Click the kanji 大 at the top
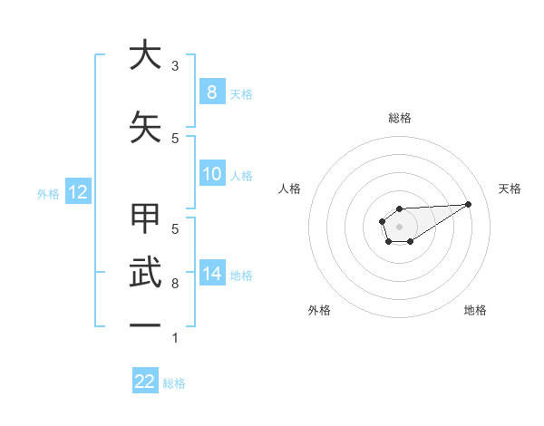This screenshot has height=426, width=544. [x=145, y=55]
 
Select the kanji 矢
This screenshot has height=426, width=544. [x=145, y=128]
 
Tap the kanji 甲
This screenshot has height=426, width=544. [x=145, y=218]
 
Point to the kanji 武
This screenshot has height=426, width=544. [x=145, y=273]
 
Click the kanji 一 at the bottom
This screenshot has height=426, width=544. [x=145, y=324]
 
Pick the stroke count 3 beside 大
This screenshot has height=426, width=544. [x=175, y=66]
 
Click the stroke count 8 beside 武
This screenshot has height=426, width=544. [x=175, y=284]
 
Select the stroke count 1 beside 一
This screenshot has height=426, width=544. [x=175, y=338]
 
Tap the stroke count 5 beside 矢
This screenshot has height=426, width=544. [x=175, y=138]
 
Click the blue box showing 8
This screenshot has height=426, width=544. [x=211, y=92]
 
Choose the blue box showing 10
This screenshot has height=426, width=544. [x=211, y=174]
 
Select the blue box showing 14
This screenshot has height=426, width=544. [x=211, y=273]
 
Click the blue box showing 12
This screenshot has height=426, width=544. [x=77, y=192]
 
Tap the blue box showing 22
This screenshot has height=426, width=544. [x=145, y=382]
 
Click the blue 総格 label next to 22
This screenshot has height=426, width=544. [x=174, y=383]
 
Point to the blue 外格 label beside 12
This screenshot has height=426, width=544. [x=48, y=193]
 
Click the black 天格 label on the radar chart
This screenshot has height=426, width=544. [x=510, y=189]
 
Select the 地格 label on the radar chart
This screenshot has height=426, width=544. [x=475, y=310]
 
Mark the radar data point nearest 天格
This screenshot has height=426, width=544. [x=469, y=203]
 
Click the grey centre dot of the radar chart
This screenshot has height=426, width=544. [x=399, y=225]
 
